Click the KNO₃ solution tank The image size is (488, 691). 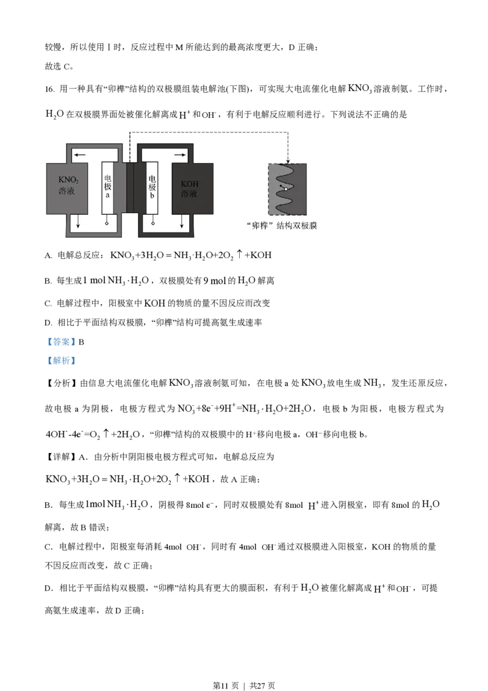point(67,188)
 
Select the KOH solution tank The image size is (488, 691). point(192,188)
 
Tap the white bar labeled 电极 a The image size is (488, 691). point(107,188)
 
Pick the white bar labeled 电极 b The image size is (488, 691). point(152,188)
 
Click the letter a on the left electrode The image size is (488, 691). point(107,196)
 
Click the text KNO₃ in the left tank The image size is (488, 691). point(66,181)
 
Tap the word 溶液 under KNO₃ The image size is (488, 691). point(66,192)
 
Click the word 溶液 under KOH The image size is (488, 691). point(189,194)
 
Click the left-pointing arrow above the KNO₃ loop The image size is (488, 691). point(79,155)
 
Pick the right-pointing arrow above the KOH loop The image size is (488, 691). point(179,155)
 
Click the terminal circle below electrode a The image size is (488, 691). point(107,224)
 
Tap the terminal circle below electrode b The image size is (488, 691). point(152,224)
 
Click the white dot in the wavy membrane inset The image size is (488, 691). point(285,189)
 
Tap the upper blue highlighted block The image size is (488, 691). point(61,341)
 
